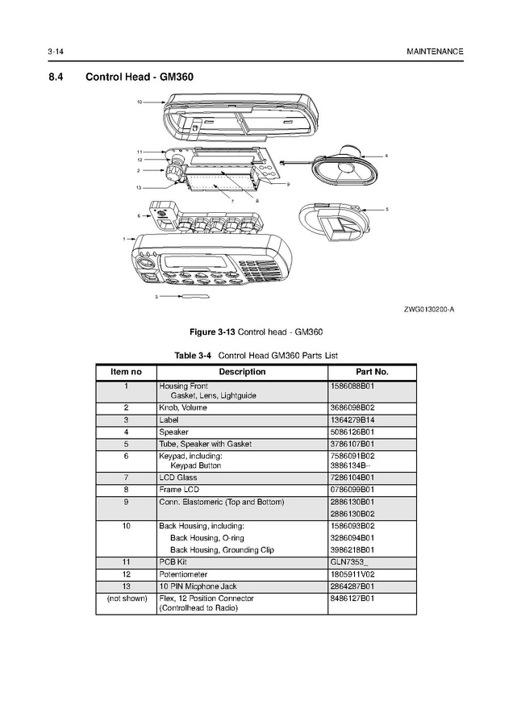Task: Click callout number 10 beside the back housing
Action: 140,102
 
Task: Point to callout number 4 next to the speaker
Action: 386,155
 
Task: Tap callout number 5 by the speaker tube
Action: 386,209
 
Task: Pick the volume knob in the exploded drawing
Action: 175,172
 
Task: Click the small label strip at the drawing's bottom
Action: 194,297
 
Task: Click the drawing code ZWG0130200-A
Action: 429,310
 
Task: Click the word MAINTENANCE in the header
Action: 436,52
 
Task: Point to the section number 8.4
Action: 58,77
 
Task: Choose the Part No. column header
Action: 372,372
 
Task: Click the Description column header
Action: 242,372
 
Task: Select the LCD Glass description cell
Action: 178,478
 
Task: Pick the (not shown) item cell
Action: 126,599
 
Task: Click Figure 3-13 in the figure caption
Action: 212,332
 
